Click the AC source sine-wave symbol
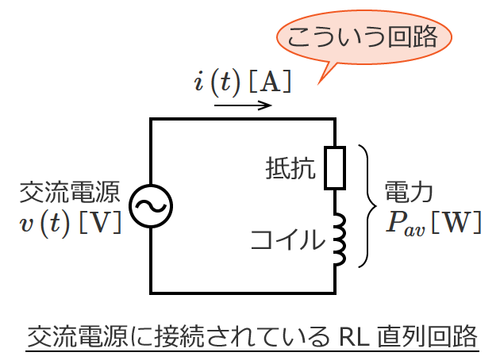150,206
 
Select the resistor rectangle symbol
335,167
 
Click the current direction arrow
242,104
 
